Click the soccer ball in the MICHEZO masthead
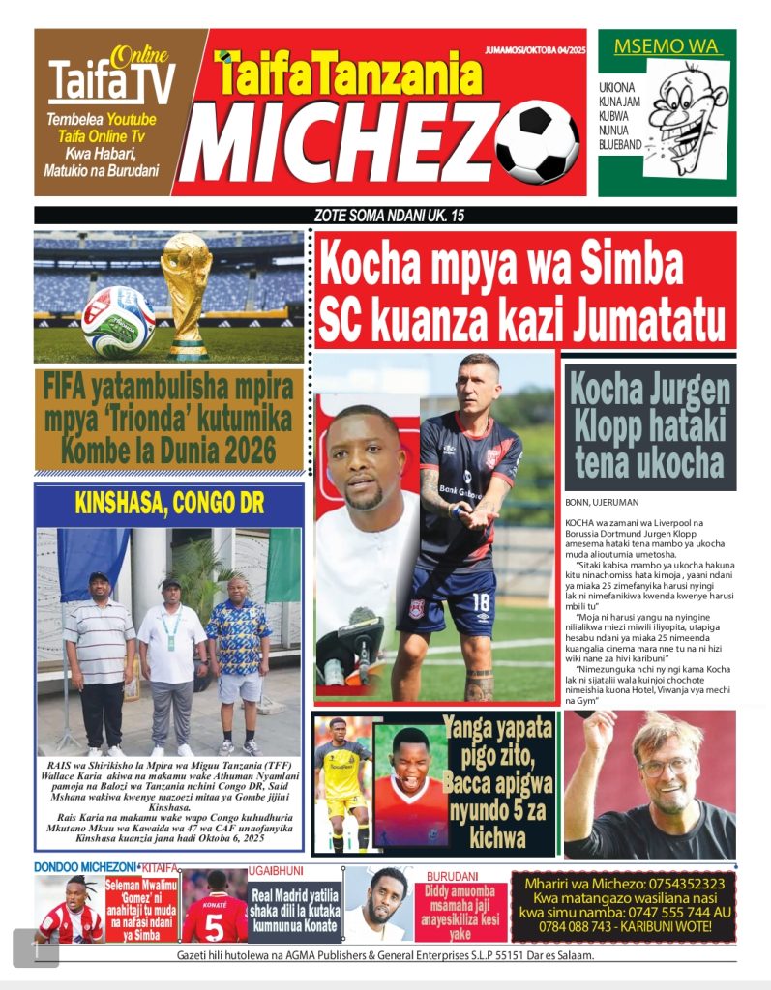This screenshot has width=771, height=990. [536, 143]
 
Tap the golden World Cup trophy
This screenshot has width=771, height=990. [187, 291]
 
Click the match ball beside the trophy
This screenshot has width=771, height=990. [118, 322]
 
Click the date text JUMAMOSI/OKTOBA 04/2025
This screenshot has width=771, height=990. [535, 49]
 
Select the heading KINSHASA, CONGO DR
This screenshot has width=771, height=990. [170, 503]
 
